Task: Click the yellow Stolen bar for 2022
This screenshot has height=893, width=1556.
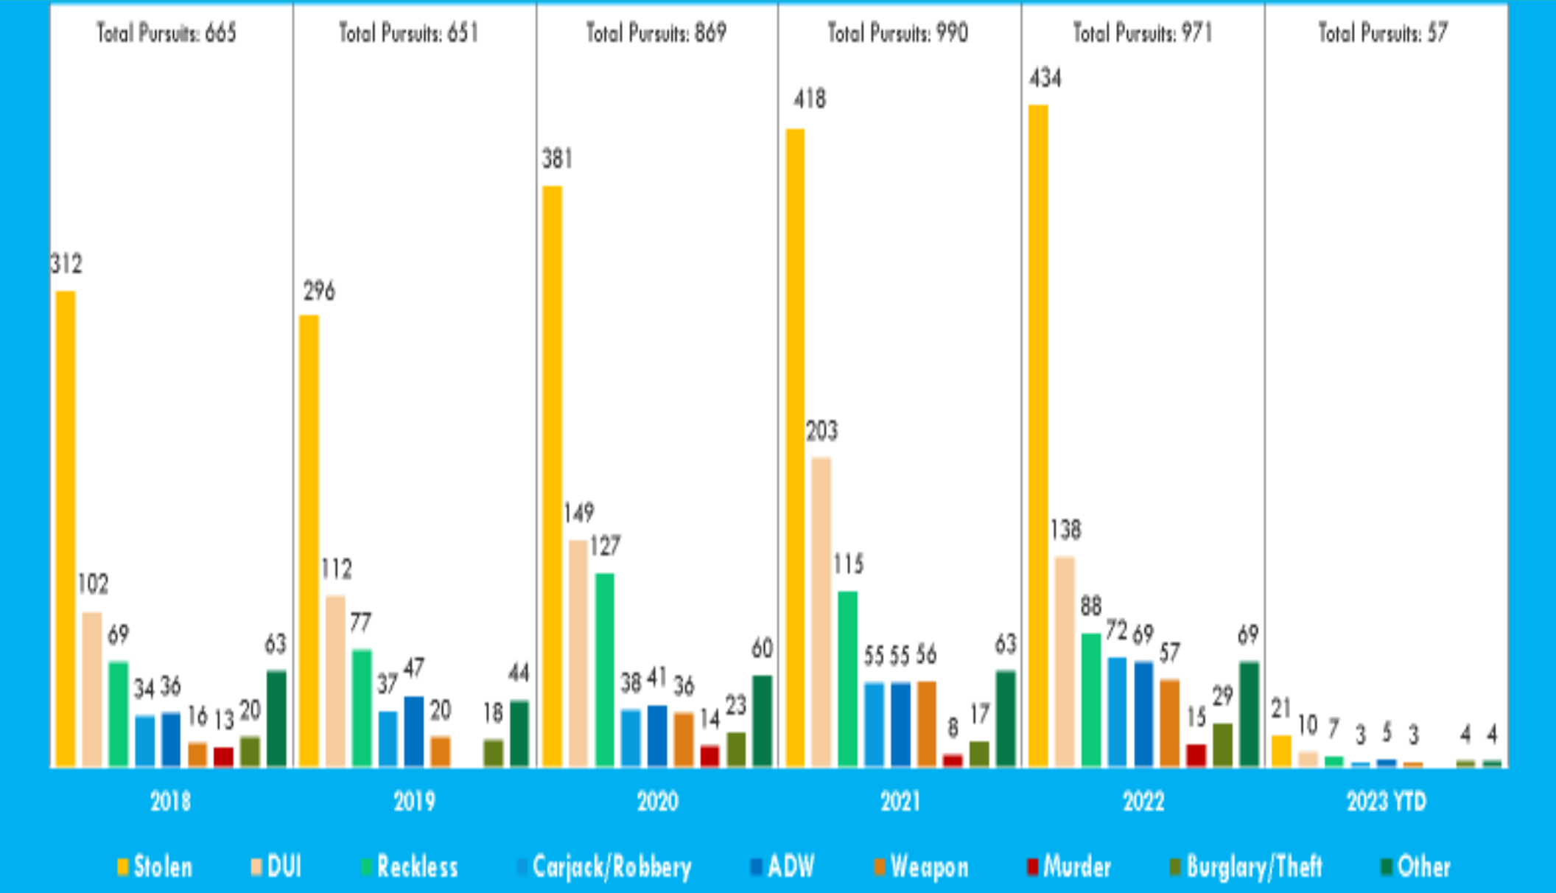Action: tap(1038, 435)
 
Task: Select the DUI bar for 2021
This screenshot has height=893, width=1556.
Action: tap(821, 612)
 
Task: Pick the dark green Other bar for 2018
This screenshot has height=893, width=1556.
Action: tap(276, 718)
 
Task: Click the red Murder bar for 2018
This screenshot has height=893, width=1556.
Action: tap(223, 757)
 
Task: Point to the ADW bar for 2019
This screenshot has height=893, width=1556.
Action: tap(414, 731)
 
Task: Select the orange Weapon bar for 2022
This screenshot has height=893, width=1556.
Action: tap(1169, 722)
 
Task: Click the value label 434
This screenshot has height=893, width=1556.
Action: tap(1045, 78)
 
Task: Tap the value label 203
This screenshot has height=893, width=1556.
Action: tap(821, 431)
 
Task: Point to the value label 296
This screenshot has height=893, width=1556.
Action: tap(319, 292)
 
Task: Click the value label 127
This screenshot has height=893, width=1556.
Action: tap(605, 547)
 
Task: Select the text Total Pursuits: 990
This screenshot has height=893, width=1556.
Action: tap(897, 33)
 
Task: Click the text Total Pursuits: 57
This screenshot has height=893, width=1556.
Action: tap(1383, 33)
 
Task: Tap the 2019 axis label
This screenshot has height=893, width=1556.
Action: tap(414, 801)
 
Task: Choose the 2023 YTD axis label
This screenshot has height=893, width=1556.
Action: tap(1386, 801)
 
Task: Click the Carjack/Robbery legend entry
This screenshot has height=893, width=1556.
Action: tap(604, 867)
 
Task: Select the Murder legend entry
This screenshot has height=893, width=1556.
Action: tap(1069, 867)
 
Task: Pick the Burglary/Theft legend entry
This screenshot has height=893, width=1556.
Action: tap(1246, 867)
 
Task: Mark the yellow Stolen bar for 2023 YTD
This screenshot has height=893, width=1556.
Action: tap(1281, 751)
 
